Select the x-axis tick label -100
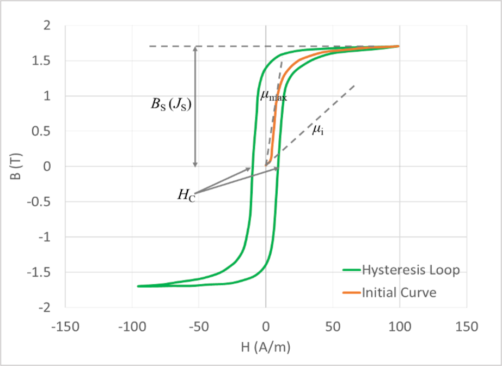pos(131,327)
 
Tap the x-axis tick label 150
pos(466,327)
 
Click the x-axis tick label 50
pos(332,327)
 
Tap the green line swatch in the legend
pos(350,270)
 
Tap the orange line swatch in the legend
pos(350,293)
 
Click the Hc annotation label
pos(186,196)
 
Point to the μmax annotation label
pos(273,96)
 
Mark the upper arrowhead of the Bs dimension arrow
pos(196,49)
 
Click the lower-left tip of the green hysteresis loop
pos(139,285)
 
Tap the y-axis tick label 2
pos(53,25)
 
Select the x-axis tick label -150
pos(65,327)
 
